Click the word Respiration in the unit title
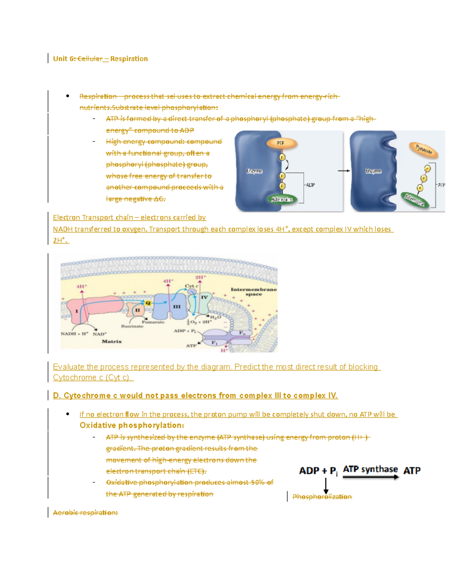[129, 59]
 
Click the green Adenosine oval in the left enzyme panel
[282, 199]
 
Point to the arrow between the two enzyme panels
[344, 171]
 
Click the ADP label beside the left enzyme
[310, 185]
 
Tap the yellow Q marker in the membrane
[148, 303]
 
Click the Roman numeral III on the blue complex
[177, 307]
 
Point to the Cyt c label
[191, 286]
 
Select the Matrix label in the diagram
[112, 341]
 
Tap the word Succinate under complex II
[132, 326]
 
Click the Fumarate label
[153, 322]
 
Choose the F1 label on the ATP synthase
[214, 343]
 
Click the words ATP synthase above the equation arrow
[370, 469]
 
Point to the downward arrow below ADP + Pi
[326, 485]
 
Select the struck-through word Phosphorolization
[322, 497]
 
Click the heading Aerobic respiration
[85, 513]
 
